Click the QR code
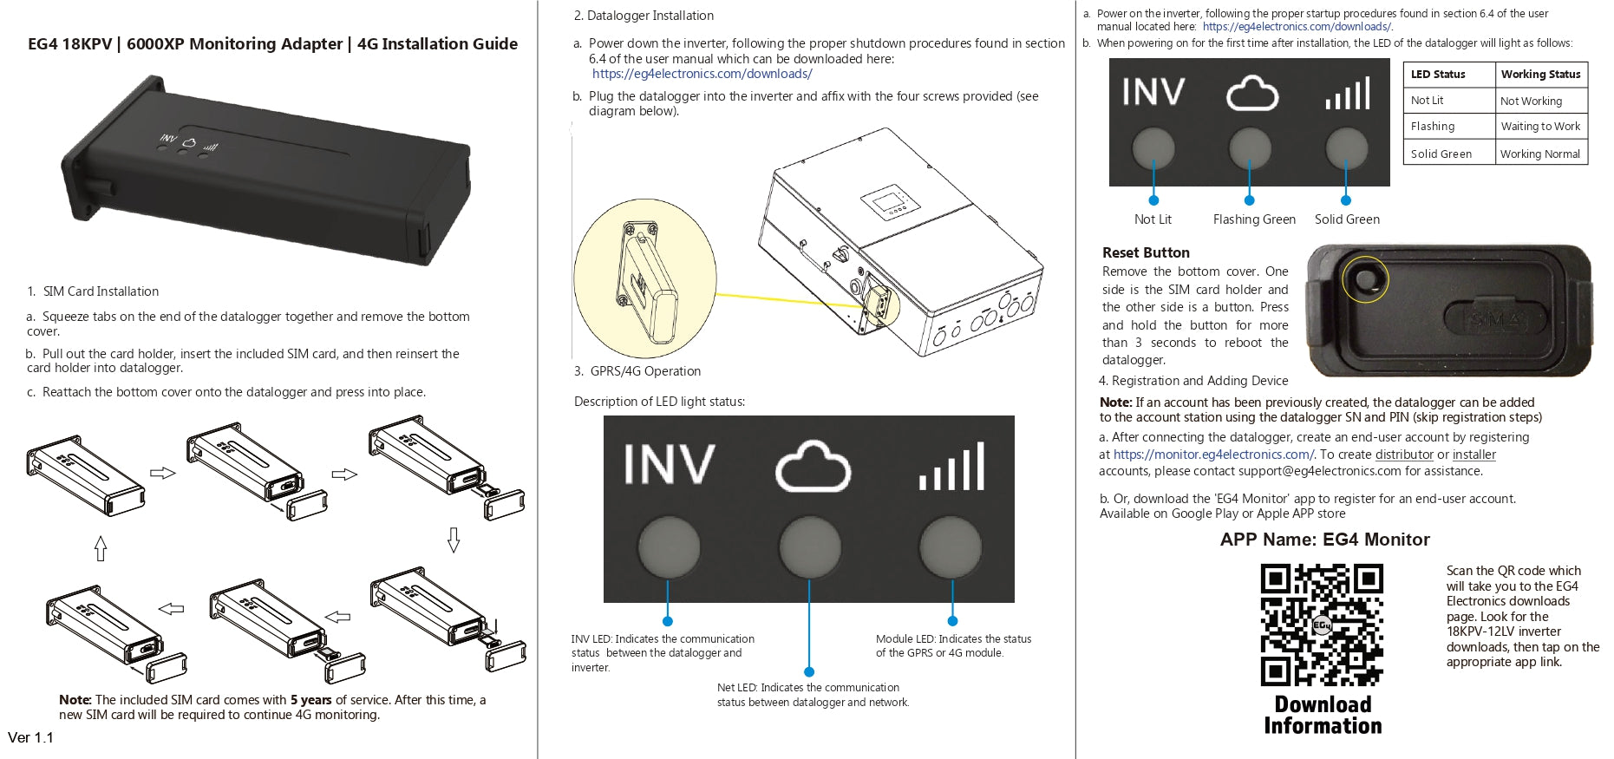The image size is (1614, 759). tap(1322, 625)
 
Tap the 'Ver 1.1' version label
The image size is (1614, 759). tap(31, 738)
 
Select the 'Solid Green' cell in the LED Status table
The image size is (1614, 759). tap(1441, 154)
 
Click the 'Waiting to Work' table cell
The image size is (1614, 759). tap(1539, 127)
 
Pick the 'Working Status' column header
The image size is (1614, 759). tap(1539, 75)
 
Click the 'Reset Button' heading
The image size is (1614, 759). tap(1145, 252)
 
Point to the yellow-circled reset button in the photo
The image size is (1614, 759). tap(1364, 280)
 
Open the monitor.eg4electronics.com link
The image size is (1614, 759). tap(1212, 455)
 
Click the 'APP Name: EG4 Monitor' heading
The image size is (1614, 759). tap(1324, 540)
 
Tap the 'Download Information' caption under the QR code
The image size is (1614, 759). tap(1323, 715)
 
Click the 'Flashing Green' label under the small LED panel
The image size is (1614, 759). tap(1254, 219)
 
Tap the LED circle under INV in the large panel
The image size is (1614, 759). tap(669, 547)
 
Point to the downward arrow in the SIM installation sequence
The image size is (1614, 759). tap(453, 540)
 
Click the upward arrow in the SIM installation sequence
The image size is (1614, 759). tap(101, 548)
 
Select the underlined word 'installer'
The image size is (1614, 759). tap(1474, 455)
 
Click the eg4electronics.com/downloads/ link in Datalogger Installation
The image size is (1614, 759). tap(702, 75)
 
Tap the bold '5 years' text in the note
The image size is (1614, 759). tap(310, 700)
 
